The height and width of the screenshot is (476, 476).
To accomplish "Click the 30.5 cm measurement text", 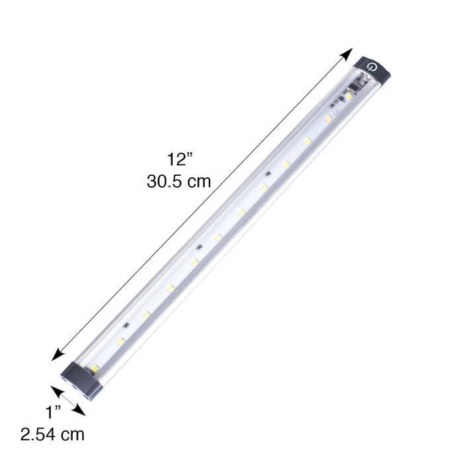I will [178, 181].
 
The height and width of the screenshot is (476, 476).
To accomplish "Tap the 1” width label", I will [54, 413].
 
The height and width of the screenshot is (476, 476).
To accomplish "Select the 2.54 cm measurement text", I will [52, 434].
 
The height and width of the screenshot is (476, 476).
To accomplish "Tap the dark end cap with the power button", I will [373, 69].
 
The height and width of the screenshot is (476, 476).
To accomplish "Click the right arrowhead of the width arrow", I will [80, 411].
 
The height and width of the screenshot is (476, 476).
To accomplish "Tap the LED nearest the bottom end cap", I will [95, 367].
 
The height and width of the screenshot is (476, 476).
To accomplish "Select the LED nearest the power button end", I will [348, 97].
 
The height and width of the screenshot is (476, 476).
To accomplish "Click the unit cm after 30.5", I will [198, 181].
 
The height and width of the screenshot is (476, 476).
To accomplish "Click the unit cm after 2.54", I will [73, 434].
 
